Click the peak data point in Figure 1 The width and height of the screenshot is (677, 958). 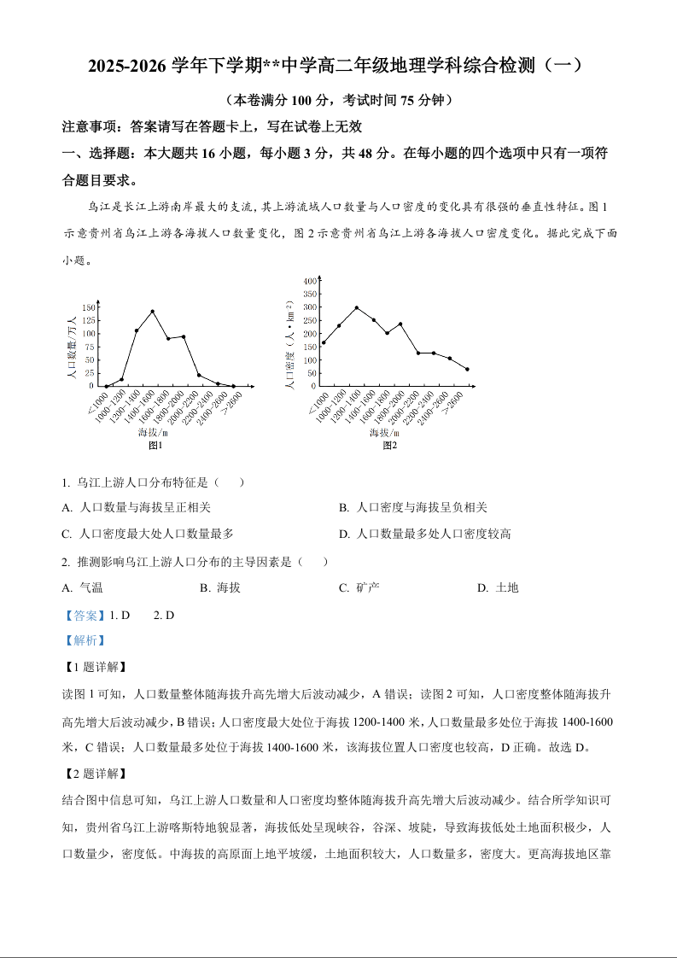coord(152,312)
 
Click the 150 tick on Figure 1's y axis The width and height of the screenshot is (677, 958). coord(89,307)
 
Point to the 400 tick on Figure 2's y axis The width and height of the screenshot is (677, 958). coord(310,280)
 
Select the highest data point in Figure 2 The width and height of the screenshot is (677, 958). coord(356,307)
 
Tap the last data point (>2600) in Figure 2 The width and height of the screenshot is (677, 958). coord(467,370)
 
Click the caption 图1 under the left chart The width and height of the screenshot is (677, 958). coord(155,445)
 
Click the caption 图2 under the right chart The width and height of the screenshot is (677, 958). coord(389,445)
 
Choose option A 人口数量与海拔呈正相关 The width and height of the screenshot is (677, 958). coord(137,508)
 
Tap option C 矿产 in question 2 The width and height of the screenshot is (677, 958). coord(359,587)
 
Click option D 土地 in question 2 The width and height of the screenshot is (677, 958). coord(499,587)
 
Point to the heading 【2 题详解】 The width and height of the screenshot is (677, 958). coord(95,774)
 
